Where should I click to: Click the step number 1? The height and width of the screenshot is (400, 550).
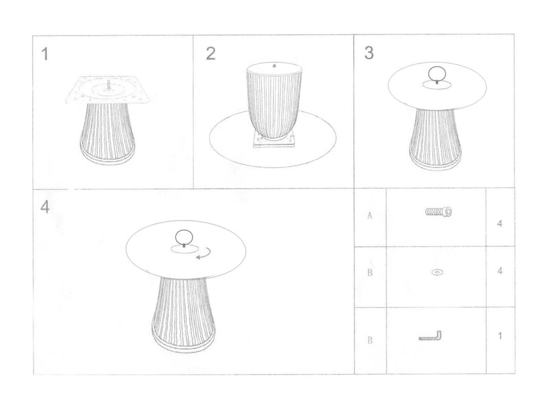[45, 54]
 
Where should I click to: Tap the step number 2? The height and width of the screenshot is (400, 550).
[211, 54]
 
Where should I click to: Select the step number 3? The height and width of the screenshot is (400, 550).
[369, 53]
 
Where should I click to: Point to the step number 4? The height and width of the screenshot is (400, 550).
[45, 207]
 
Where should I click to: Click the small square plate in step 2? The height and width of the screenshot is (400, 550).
[274, 142]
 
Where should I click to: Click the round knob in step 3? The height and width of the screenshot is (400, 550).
[437, 74]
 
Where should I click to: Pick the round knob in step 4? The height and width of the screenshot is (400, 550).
[184, 237]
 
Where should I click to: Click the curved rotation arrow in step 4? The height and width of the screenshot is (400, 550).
[203, 255]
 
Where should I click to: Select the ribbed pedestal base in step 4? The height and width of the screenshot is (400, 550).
[184, 309]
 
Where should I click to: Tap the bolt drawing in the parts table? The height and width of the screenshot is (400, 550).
[437, 212]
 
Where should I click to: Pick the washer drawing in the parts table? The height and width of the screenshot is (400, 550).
[437, 273]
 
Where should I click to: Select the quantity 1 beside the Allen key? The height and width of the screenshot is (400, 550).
[499, 336]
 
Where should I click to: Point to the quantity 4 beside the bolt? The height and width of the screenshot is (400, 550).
[499, 223]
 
